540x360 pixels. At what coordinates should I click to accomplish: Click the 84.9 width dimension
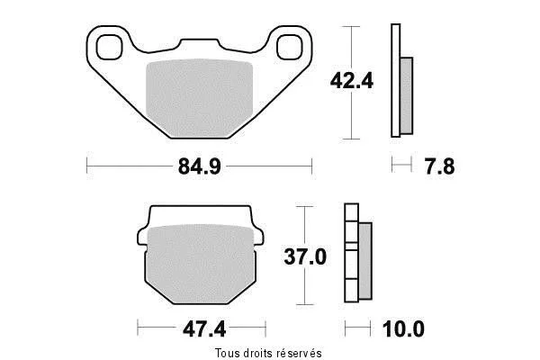point(200,166)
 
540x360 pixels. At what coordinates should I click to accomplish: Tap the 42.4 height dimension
point(352,82)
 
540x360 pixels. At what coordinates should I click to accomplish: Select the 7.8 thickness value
point(439,166)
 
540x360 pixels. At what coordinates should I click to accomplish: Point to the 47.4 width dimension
point(204,329)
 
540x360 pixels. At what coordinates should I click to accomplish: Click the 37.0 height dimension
point(305,257)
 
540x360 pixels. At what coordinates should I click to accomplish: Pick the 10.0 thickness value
point(403,329)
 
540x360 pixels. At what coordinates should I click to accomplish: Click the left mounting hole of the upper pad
point(110,47)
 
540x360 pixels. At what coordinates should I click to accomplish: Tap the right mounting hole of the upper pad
point(290,47)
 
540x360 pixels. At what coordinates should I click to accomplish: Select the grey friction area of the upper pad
point(200,99)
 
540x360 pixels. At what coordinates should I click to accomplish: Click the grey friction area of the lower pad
point(201,265)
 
